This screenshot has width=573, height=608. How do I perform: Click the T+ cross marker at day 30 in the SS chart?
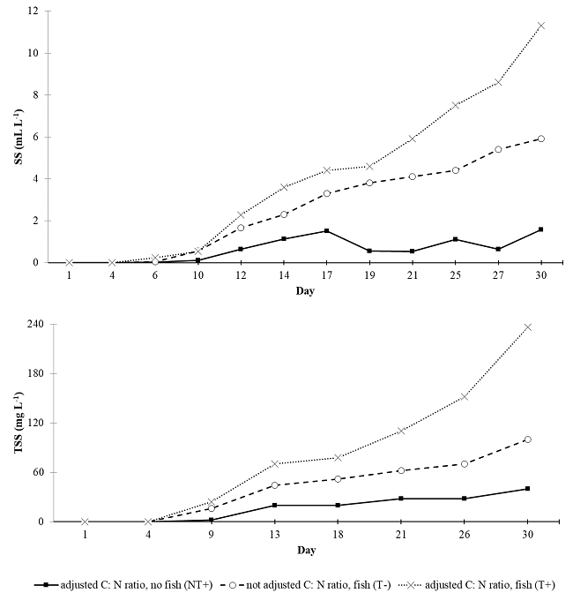(x=540, y=26)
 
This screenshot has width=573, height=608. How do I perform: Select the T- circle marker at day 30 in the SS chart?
(x=540, y=139)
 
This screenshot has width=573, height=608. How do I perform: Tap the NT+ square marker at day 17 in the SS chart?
(x=326, y=231)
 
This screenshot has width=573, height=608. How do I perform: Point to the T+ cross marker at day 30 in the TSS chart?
(x=527, y=327)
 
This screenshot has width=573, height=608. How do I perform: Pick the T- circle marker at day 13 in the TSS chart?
(x=275, y=485)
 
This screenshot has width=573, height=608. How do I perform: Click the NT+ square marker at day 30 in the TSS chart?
(x=527, y=489)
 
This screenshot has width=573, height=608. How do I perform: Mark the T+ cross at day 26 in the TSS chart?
(x=464, y=397)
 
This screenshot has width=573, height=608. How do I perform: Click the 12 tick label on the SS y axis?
(x=33, y=11)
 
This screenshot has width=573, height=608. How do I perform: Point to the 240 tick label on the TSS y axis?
(x=30, y=324)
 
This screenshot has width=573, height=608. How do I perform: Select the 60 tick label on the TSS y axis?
(x=33, y=472)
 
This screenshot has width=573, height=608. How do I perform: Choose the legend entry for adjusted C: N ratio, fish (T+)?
(x=483, y=585)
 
